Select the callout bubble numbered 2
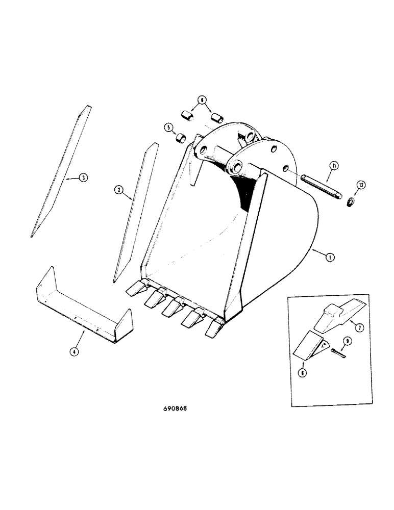coord(118,190)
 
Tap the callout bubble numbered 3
coord(83,178)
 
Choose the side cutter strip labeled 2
coord(135,214)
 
